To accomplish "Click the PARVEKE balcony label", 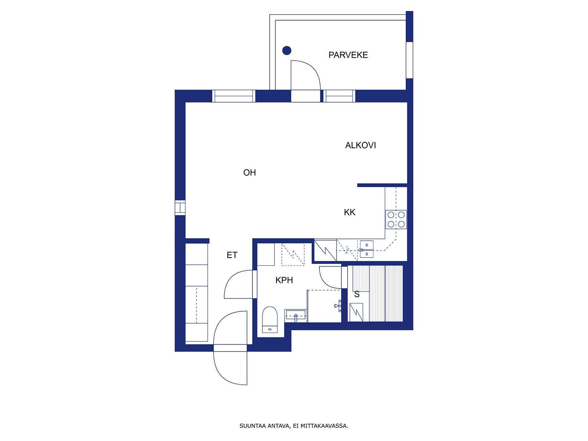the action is click(x=348, y=55).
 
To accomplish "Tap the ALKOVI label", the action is click(x=360, y=145).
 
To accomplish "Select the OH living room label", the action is click(x=250, y=172).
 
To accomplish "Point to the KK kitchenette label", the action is click(x=349, y=212).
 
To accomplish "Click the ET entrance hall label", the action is click(x=232, y=255).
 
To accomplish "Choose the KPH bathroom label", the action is click(x=284, y=280).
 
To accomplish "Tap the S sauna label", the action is click(x=357, y=294).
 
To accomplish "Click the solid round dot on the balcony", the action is click(x=287, y=50).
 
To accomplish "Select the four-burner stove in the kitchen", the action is click(x=396, y=219).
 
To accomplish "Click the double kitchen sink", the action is click(x=366, y=249).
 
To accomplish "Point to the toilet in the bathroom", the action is click(x=269, y=320).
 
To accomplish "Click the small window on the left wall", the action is click(x=180, y=208).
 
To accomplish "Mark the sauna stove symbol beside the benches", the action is click(x=356, y=312).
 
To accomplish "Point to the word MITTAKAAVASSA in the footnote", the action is click(x=324, y=426).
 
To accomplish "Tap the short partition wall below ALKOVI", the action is click(x=382, y=185).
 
